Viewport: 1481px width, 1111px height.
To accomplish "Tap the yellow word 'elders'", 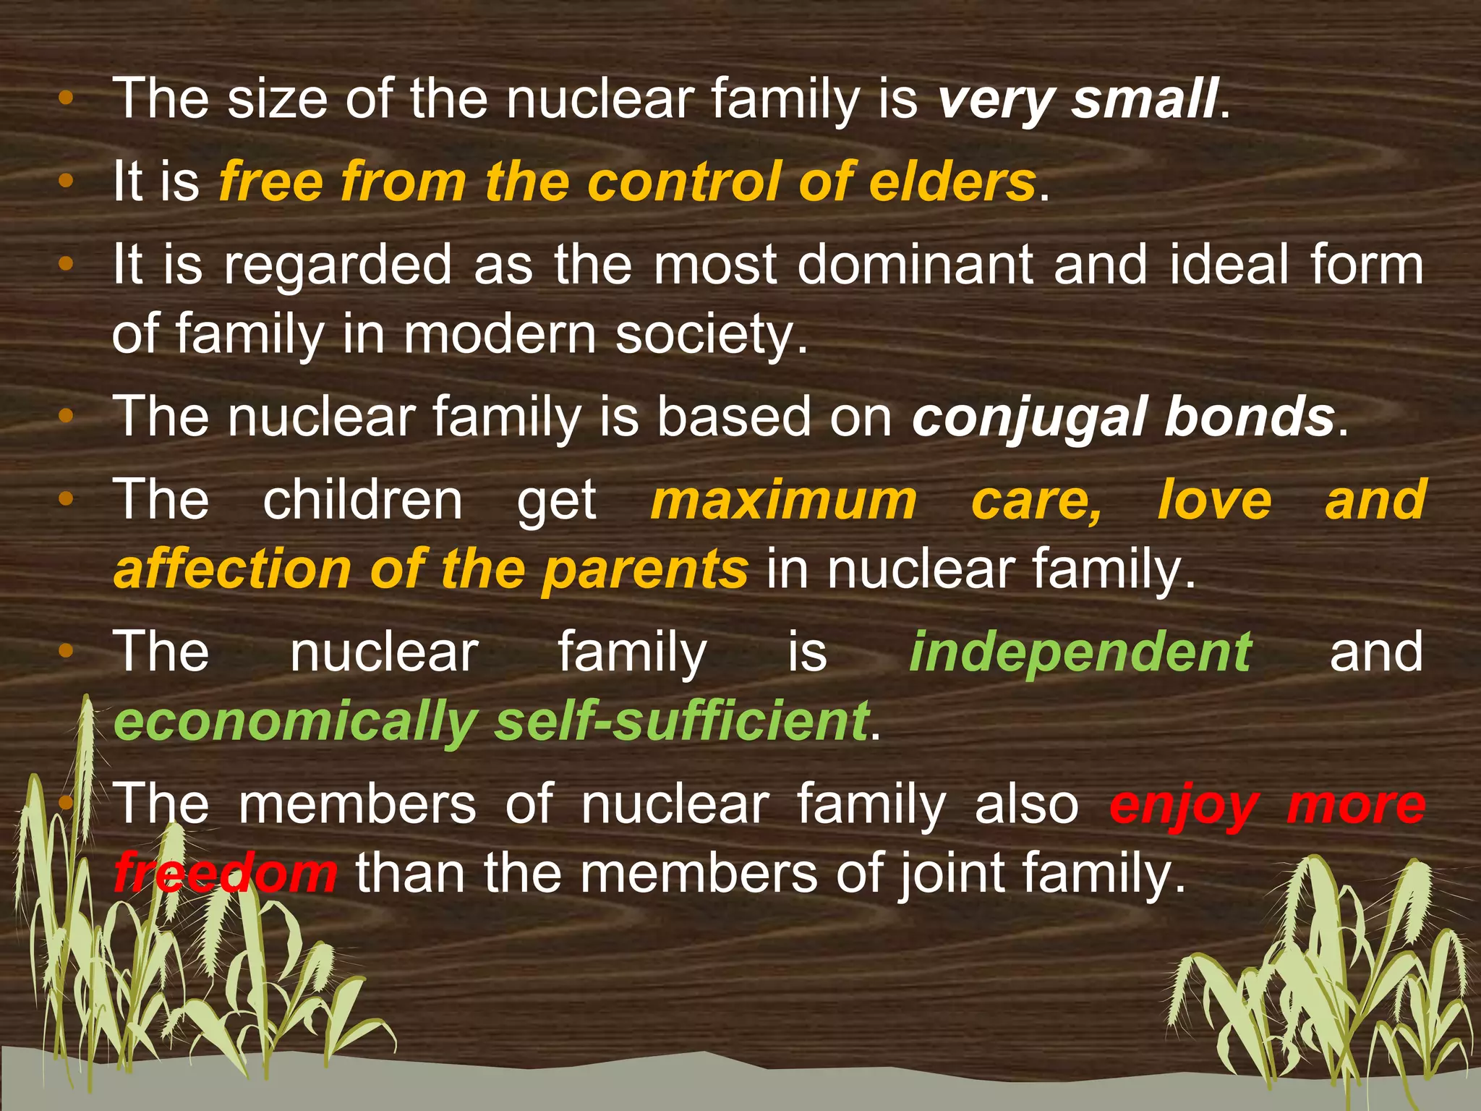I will coord(952,182).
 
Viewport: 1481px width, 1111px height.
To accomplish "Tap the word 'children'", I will coord(362,500).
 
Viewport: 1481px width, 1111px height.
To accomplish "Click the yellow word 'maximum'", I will coord(783,500).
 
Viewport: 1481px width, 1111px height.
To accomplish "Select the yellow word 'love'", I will coord(1214,500).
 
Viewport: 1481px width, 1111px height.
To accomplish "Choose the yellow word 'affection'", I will coord(232,570).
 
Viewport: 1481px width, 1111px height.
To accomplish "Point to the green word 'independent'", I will coord(1080,652).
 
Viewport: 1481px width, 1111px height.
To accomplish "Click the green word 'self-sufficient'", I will coord(682,721).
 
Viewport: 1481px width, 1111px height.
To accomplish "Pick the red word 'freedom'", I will coord(225,873).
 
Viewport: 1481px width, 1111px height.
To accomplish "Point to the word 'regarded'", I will coord(338,266).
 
